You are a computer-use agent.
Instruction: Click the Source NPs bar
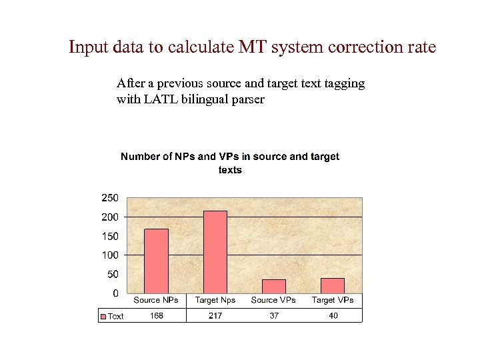(156, 261)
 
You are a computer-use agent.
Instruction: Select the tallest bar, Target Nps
(215, 252)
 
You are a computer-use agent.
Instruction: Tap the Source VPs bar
(273, 286)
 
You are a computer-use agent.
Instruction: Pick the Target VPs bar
(332, 285)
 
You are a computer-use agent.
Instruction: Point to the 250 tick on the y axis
(109, 198)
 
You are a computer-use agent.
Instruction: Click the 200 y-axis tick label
(109, 217)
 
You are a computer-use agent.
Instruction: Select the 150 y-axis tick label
(109, 236)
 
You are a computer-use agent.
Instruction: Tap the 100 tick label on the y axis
(109, 255)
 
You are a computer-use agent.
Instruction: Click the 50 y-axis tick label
(112, 274)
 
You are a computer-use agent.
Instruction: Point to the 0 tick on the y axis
(115, 293)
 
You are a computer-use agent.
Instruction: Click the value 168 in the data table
(156, 316)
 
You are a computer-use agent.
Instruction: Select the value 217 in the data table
(215, 316)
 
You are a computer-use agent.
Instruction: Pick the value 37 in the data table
(274, 316)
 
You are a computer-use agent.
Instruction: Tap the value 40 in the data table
(333, 316)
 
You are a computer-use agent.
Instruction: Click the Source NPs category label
(156, 301)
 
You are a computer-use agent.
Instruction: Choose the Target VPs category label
(333, 301)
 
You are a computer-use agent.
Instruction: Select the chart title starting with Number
(229, 163)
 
